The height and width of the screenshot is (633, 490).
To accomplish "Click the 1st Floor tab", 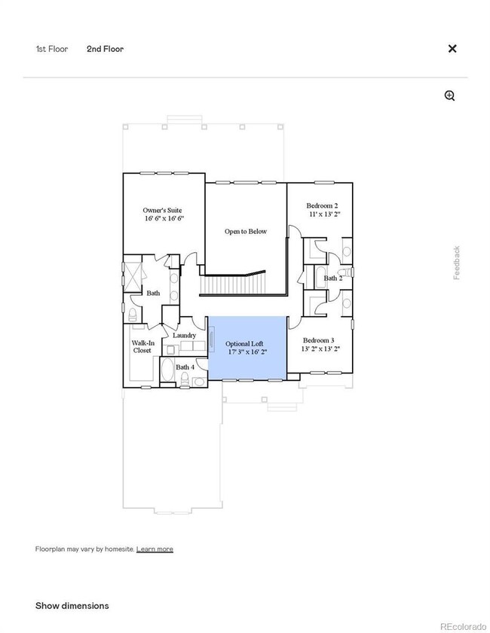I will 51,49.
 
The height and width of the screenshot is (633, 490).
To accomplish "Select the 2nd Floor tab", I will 105,49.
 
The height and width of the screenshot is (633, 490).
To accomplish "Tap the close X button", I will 452,48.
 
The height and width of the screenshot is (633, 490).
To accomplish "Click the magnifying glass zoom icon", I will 450,96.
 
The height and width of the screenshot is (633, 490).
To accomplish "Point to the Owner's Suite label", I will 162,210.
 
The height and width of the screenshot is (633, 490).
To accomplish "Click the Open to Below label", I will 246,231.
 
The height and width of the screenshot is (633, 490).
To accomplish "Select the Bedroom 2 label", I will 322,205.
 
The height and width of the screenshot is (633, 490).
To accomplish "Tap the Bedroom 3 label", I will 321,341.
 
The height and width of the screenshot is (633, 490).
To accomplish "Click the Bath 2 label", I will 333,278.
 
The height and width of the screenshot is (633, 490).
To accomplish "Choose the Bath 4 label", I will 185,367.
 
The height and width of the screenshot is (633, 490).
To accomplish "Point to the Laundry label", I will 184,335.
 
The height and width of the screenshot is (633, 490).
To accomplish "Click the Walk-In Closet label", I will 142,346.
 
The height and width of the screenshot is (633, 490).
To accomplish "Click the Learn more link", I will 155,549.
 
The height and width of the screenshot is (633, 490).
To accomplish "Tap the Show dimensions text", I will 72,605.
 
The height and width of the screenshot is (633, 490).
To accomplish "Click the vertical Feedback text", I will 456,263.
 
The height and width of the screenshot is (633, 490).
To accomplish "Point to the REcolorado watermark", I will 464,624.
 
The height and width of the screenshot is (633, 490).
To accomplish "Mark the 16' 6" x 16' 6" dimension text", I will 164,218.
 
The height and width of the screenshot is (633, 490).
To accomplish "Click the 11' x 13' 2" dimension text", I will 324,214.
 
